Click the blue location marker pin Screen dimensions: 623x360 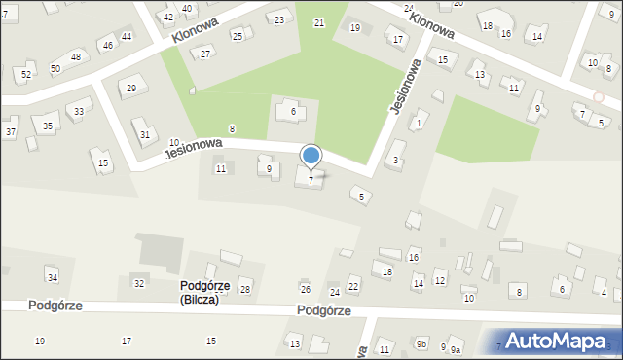click(311, 157)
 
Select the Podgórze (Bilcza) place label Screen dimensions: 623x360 click(213, 292)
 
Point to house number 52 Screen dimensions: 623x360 click(26, 75)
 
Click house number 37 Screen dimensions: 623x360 click(11, 131)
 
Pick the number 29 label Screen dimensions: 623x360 click(131, 89)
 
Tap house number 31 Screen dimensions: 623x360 click(145, 134)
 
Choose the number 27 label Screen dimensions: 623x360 click(205, 54)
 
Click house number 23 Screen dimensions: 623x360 click(280, 19)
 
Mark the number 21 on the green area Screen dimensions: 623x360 click(319, 22)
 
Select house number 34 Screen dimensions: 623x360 click(53, 279)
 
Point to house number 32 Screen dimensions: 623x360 click(139, 283)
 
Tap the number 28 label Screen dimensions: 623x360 click(245, 290)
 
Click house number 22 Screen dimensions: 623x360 click(353, 285)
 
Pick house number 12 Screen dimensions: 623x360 click(440, 281)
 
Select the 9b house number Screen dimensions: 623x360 click(421, 343)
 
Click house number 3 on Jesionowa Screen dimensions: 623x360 click(395, 160)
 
